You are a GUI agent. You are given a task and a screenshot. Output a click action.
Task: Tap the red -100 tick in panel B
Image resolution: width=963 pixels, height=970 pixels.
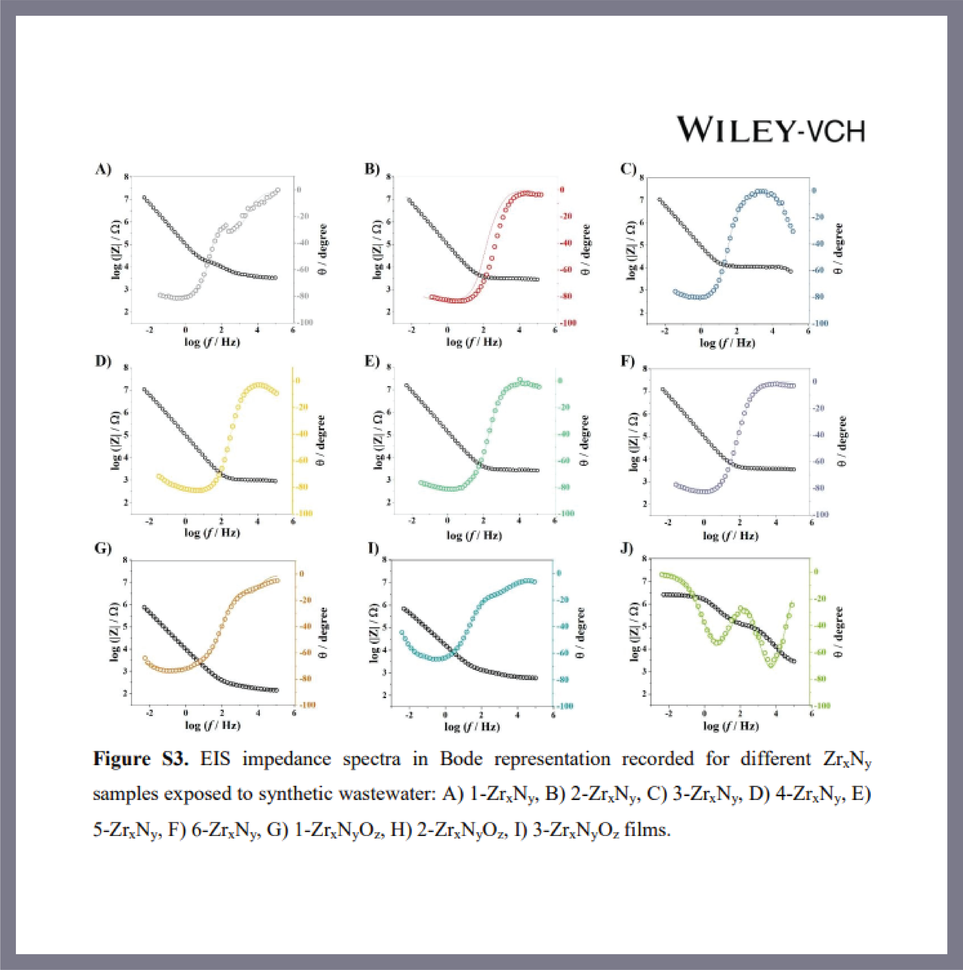click(568, 323)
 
